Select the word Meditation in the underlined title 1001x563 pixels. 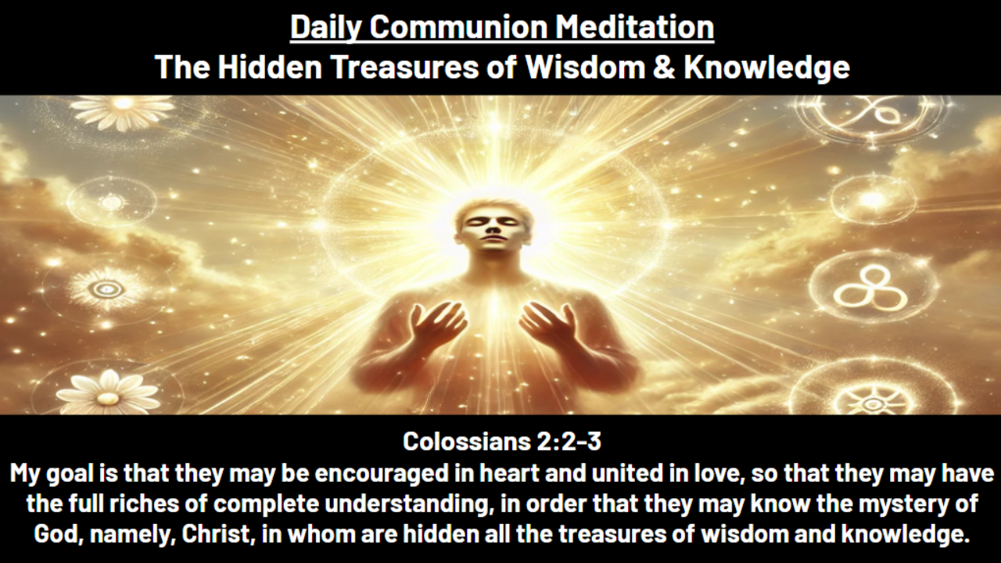coord(635,27)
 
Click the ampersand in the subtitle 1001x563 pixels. coord(663,67)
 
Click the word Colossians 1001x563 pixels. coord(466,442)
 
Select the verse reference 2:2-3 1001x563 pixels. coord(569,442)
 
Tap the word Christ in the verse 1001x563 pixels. coord(220,536)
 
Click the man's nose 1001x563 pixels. coord(491,231)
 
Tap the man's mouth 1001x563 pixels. coord(491,245)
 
